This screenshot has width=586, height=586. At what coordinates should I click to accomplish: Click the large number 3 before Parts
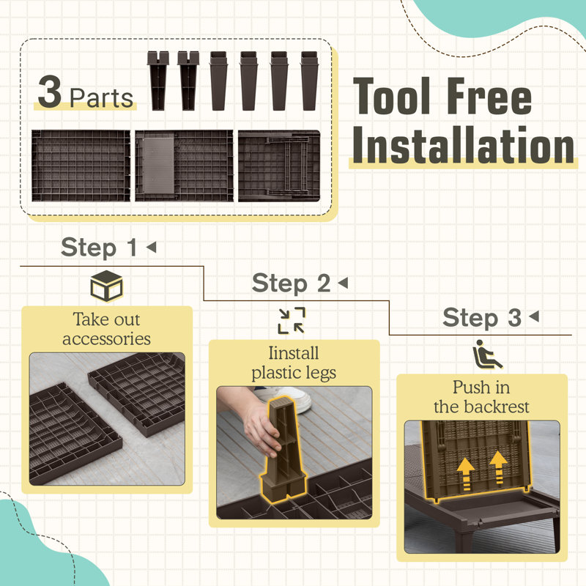coord(50,92)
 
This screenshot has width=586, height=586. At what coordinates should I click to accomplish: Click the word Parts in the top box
coord(101,98)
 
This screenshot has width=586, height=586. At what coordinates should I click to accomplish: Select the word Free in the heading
coord(489,96)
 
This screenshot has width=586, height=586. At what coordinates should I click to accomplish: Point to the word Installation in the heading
coord(464,145)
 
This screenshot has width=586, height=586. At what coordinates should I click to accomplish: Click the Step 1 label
coord(99,247)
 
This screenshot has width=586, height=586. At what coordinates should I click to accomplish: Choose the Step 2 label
coord(291,283)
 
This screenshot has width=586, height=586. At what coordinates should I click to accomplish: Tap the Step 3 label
coord(482,317)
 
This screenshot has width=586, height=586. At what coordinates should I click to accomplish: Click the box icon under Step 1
coord(106,286)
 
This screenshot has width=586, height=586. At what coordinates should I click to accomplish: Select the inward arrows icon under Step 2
coord(292,321)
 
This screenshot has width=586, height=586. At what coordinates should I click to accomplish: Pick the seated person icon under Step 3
coord(487,354)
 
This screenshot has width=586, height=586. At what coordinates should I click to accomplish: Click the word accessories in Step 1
coord(106,339)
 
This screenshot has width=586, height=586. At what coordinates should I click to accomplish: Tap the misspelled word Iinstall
coord(294,353)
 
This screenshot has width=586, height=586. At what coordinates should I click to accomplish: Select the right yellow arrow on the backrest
coord(498,468)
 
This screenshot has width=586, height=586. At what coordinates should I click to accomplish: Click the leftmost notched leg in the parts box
coord(157,81)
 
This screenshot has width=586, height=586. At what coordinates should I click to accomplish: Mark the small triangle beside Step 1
coord(152,247)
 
